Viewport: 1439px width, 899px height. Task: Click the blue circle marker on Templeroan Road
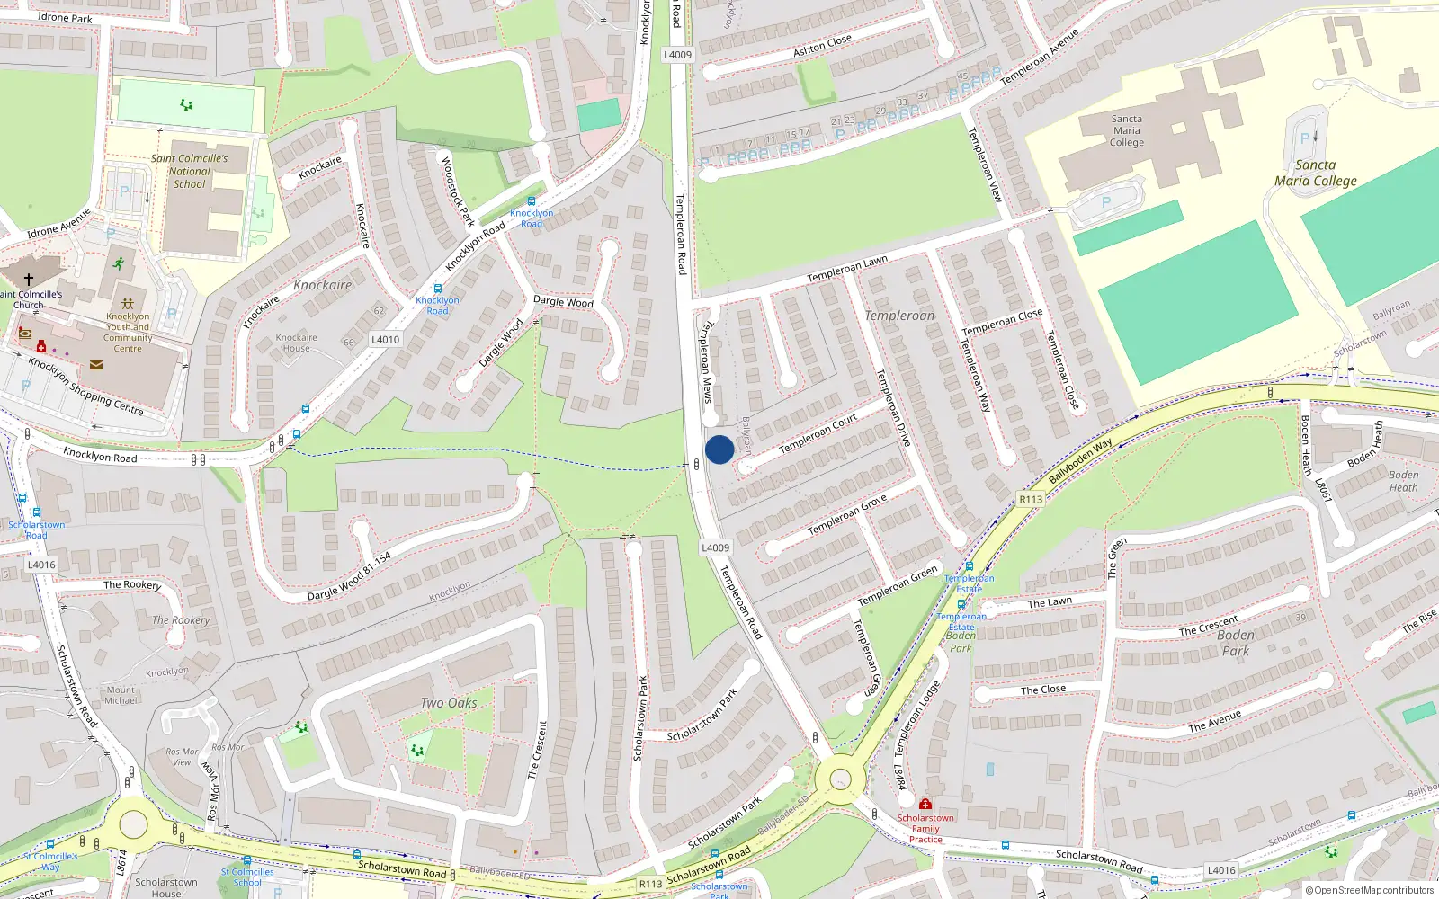719,449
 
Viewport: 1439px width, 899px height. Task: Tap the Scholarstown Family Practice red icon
925,804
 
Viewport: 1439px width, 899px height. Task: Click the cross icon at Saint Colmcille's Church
29,280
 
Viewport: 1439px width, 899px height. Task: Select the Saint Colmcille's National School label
189,171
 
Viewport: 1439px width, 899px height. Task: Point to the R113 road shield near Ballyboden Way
1031,499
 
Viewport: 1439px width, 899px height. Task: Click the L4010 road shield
385,339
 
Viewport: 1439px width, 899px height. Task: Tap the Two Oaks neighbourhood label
449,703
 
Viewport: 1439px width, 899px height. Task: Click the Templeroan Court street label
818,434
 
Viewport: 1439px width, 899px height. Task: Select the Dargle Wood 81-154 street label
349,577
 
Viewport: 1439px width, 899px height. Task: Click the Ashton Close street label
822,45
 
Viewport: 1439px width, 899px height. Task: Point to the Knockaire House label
296,343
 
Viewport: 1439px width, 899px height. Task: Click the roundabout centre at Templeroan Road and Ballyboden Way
840,779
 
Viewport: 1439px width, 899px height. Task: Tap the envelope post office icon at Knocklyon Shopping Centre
96,365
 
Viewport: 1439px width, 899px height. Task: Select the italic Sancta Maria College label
1315,173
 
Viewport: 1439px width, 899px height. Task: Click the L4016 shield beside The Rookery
41,565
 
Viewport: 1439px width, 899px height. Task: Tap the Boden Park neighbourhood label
1235,643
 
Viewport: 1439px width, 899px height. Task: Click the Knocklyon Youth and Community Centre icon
128,304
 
